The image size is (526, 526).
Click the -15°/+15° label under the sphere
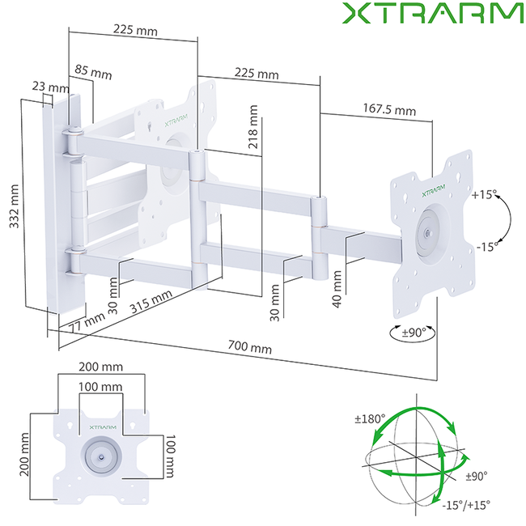tap(465, 503)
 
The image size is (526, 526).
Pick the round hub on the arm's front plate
tap(426, 235)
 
